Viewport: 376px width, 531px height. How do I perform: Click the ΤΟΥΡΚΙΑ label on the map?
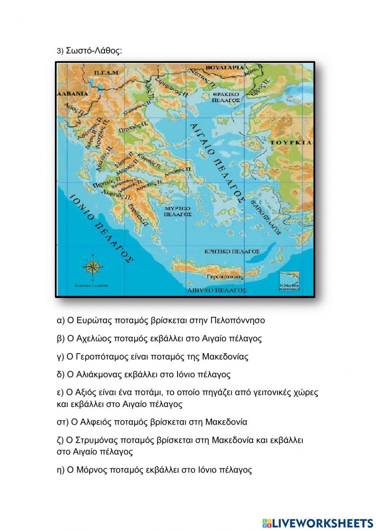point(291,143)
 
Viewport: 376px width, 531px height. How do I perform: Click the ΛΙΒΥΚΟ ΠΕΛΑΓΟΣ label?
point(217,290)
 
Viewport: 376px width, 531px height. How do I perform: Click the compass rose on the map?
point(91,267)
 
